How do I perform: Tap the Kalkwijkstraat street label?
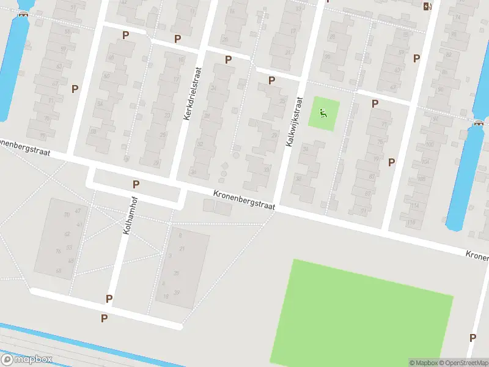(294, 121)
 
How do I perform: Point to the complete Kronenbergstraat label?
(244, 201)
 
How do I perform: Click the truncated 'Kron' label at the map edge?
(477, 254)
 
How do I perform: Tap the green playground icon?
(322, 113)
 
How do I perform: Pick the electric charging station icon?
(427, 7)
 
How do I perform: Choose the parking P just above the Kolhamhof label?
(136, 183)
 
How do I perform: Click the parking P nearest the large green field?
(472, 338)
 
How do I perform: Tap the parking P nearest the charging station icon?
(416, 58)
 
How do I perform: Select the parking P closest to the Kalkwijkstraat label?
(271, 80)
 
